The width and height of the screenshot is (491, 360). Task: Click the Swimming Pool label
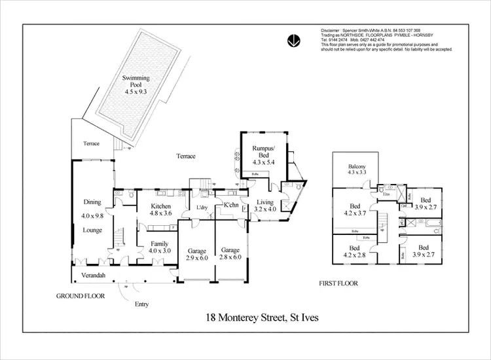coord(136,85)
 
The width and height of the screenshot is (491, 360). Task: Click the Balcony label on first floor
coord(357,172)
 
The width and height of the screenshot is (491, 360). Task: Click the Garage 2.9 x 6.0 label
coord(197,254)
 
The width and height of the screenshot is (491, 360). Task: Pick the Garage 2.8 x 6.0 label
coord(230,254)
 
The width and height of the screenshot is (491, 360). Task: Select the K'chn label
coord(230,206)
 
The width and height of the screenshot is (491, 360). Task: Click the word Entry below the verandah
coord(141,304)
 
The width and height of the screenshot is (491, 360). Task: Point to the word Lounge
coord(92,230)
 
